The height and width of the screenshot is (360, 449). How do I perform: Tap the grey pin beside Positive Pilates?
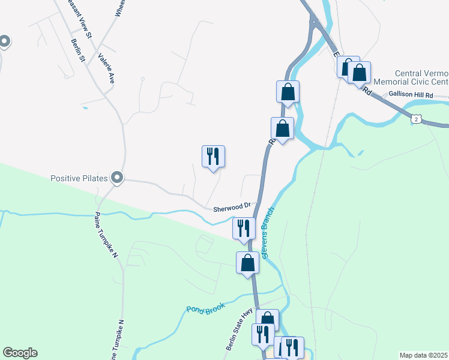[x=118, y=177]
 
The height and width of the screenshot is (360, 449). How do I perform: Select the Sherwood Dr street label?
[x=231, y=209]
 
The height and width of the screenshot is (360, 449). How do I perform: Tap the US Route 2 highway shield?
[x=415, y=120]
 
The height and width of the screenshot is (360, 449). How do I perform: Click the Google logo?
[x=20, y=353]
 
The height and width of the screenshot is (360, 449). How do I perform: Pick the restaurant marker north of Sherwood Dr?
[x=213, y=156]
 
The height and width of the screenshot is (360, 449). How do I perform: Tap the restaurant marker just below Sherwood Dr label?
[x=244, y=228]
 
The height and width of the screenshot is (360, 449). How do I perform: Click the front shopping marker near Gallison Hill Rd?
[x=359, y=73]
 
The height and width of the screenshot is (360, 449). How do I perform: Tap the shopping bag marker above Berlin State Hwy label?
[x=267, y=320]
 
